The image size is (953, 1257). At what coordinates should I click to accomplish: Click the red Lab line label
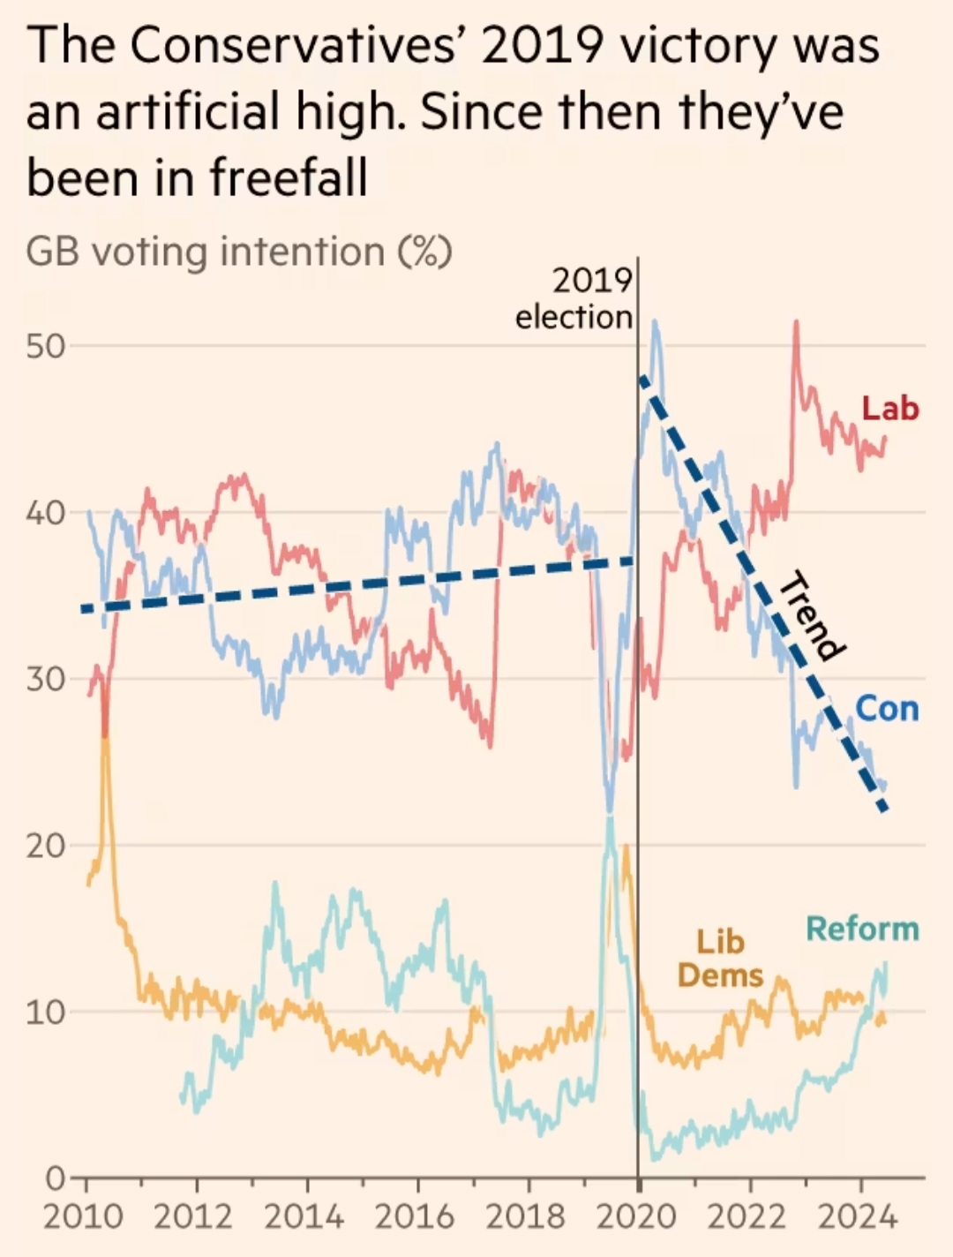pos(890,409)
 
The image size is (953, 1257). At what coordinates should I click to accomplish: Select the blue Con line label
pos(887,709)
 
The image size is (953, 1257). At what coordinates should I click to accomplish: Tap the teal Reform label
pos(862,929)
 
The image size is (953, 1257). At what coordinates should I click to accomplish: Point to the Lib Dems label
pos(720,959)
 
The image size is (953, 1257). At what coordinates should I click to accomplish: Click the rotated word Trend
pos(807,616)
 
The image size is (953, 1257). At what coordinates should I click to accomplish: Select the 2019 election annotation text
pos(574,299)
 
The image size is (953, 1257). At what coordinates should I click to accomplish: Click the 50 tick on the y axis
pos(46,346)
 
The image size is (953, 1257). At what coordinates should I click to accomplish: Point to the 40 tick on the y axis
pos(46,513)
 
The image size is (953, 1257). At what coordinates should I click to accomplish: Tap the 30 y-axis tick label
pos(46,680)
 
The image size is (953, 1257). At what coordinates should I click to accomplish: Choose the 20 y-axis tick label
pos(46,847)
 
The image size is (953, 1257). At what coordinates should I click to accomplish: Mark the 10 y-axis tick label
pos(46,1012)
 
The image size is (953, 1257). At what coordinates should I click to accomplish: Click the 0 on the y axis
pos(55,1178)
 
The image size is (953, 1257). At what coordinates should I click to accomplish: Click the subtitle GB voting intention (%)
pos(238,252)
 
